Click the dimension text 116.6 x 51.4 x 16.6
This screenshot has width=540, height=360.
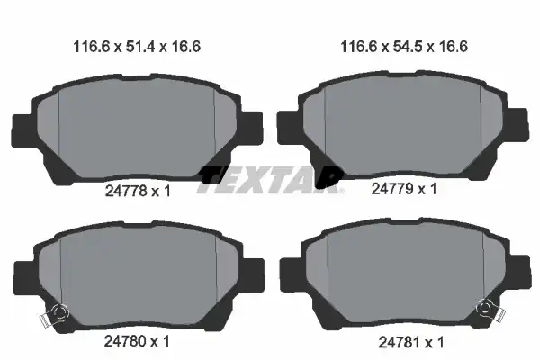click(137, 47)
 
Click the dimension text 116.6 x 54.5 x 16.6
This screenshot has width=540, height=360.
click(404, 47)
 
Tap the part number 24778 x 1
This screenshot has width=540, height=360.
click(138, 191)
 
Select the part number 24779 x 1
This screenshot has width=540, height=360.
click(404, 189)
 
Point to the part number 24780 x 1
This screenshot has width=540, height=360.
click(137, 341)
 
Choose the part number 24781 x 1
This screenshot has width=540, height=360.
click(411, 342)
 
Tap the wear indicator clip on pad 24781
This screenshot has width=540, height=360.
click(490, 310)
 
